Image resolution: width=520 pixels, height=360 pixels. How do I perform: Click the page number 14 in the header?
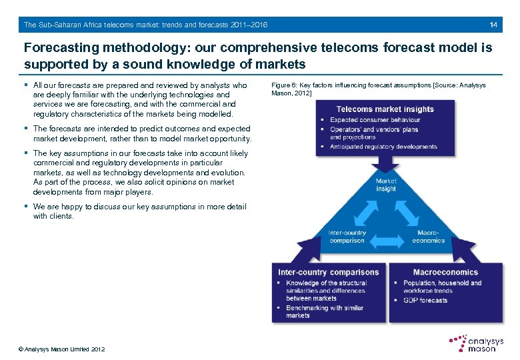coord(493,25)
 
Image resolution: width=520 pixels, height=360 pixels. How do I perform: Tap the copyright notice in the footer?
coord(61,349)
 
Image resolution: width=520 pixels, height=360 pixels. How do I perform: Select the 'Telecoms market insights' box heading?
coord(385,109)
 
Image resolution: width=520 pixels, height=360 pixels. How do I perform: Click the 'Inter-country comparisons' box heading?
coord(328,272)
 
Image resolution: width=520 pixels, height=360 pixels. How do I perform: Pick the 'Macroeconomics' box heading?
coord(445,272)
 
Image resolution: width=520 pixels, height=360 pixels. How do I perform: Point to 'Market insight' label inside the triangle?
coord(385,185)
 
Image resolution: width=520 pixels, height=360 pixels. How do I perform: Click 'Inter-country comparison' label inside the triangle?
coord(347,237)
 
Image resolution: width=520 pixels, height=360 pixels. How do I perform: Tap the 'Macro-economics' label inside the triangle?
coord(428,237)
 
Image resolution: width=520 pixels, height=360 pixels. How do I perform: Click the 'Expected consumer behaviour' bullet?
coord(375,120)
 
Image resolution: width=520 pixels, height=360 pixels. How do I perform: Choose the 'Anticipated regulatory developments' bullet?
coord(383,147)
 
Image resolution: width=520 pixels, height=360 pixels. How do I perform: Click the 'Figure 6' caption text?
coord(378,89)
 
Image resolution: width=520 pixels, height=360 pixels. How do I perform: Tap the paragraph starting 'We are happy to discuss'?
coord(139,211)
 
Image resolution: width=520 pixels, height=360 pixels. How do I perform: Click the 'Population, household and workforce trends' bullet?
coord(441,287)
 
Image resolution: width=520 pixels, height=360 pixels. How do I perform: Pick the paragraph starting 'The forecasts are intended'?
coord(141,133)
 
